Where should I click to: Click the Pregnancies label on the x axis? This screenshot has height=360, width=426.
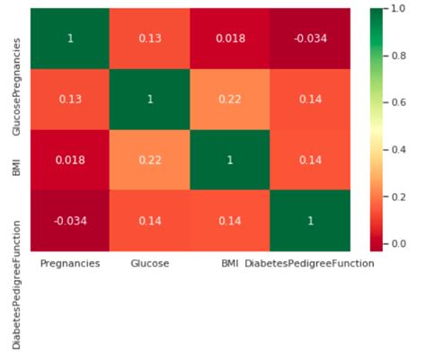coord(71,265)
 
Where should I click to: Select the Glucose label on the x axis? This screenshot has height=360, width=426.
coord(150,265)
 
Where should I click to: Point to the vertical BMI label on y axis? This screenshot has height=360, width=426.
coord(17,161)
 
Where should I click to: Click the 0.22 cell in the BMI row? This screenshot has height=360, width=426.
coord(151,161)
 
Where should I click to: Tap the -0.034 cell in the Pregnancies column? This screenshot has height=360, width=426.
coord(71,222)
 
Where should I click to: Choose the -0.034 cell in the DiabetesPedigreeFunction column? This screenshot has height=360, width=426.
coord(310,39)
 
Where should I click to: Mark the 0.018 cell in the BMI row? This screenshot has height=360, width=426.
coord(71,161)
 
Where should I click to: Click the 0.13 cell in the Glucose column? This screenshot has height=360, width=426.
coord(151,39)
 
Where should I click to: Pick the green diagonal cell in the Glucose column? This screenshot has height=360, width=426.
coord(151,100)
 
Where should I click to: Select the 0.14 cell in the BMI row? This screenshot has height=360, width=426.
coord(310,161)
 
